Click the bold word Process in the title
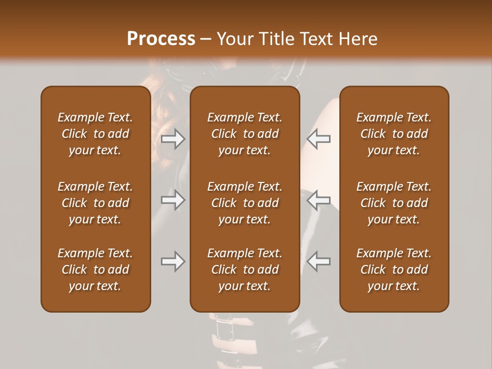(161, 39)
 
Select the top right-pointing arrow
(173, 138)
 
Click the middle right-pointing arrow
(173, 200)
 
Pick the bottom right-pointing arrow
(173, 261)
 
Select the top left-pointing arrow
(319, 138)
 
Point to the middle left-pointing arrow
(319, 200)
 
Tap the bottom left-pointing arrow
(319, 261)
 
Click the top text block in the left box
(95, 134)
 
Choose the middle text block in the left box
(95, 203)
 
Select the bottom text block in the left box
(95, 270)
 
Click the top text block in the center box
(245, 134)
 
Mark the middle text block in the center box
(245, 203)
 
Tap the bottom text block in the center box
(245, 270)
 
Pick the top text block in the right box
(394, 134)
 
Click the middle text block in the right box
(394, 203)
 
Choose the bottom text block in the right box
(394, 270)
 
